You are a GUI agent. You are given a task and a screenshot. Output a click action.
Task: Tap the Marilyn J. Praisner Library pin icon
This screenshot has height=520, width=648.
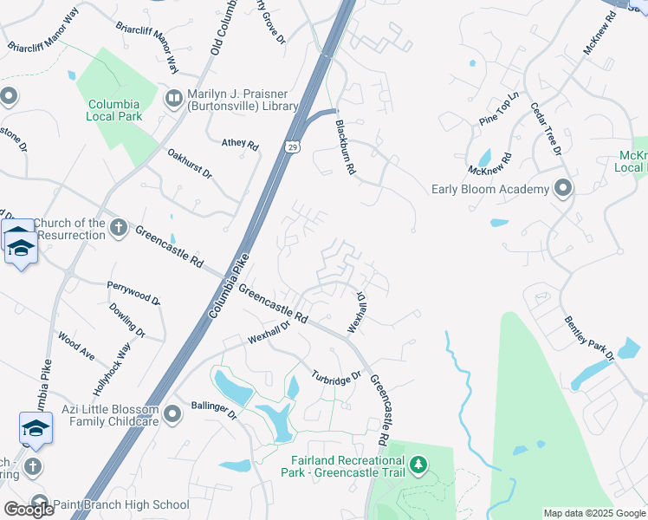point(173,97)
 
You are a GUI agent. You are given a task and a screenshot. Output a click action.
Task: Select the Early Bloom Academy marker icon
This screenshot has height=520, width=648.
point(563,188)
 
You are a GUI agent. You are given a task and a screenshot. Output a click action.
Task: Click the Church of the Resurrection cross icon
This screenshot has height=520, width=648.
point(120,227)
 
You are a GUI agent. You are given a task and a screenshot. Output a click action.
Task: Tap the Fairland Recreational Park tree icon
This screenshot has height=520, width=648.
point(418,465)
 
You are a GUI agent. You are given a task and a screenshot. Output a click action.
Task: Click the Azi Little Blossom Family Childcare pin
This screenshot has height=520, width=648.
point(173,414)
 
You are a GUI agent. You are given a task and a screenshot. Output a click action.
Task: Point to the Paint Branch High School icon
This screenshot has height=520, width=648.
point(39,504)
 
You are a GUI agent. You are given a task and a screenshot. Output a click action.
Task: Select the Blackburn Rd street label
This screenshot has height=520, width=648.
point(346,148)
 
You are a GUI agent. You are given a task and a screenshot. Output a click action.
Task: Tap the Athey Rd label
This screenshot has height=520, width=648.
point(240,145)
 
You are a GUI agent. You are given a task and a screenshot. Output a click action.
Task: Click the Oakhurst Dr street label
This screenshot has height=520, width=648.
point(190,163)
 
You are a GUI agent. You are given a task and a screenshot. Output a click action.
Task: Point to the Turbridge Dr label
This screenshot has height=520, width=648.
point(336,379)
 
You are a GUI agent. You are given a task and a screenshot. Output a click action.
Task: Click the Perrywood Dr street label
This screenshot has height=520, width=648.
point(133,293)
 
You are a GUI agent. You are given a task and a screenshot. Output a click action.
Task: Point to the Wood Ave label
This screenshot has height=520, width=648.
point(76,345)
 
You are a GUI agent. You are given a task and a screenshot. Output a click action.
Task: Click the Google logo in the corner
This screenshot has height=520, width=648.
point(29,510)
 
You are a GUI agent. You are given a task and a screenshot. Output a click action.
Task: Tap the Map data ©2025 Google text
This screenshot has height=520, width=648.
point(593,513)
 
